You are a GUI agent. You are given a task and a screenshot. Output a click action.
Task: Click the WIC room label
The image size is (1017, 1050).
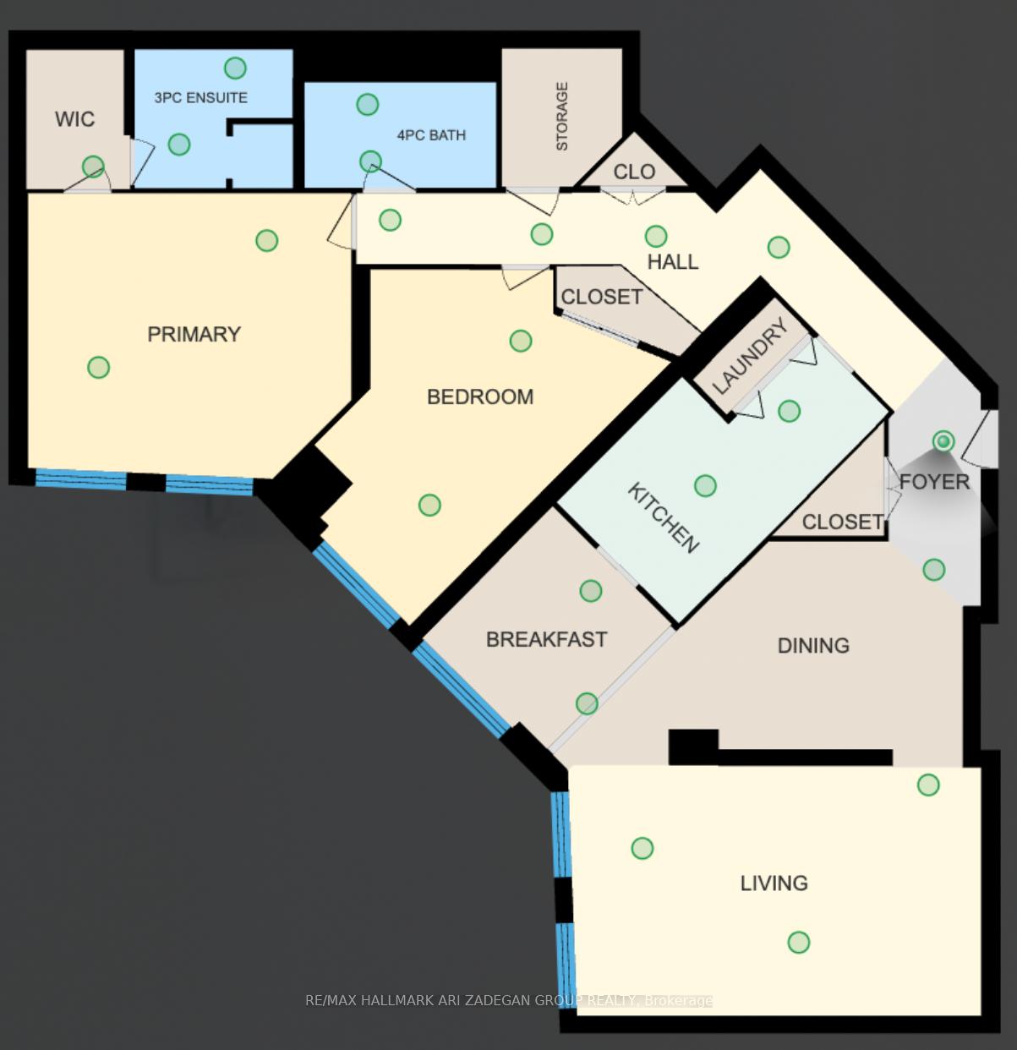(74, 119)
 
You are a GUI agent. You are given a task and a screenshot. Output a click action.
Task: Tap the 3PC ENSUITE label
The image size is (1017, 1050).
(201, 98)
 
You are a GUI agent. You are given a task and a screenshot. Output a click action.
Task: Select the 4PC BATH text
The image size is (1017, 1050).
(431, 135)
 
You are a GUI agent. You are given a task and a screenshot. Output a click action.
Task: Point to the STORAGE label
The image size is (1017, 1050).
(562, 117)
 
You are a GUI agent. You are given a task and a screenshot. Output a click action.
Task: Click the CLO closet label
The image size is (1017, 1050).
(634, 172)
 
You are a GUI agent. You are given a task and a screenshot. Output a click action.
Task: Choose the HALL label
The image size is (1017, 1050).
(673, 262)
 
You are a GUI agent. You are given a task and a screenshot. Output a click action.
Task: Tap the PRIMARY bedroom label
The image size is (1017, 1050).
(194, 334)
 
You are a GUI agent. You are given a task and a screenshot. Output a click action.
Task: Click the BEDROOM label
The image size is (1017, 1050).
(479, 396)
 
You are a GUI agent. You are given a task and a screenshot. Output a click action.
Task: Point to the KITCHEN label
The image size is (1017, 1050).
(664, 517)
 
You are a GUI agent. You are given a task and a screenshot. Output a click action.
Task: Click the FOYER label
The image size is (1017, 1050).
(934, 482)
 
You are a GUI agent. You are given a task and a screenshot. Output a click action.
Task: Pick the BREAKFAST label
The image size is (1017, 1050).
(546, 639)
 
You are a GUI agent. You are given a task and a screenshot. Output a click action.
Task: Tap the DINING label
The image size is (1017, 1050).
(813, 646)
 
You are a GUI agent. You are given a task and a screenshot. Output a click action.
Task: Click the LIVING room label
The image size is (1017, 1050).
(774, 883)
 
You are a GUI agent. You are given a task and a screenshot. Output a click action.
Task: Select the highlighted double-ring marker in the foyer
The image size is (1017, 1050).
(943, 441)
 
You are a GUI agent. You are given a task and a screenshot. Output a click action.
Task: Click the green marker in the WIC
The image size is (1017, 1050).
(93, 167)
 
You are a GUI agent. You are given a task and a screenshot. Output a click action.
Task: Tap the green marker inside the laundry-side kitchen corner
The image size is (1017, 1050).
(789, 411)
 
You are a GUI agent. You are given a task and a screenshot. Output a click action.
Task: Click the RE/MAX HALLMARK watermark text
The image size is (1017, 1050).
(508, 1001)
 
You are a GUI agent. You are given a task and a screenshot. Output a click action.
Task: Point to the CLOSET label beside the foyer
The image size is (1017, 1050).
(842, 522)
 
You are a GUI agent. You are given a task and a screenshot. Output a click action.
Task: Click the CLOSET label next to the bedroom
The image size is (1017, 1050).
(601, 297)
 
